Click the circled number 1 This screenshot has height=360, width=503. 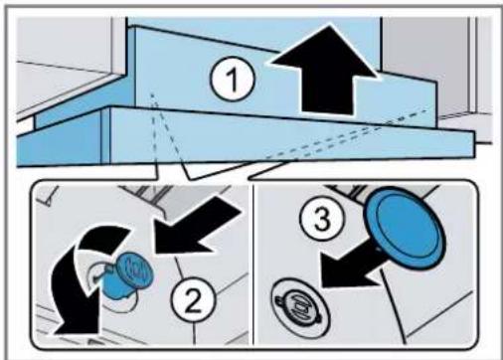[x=233, y=80]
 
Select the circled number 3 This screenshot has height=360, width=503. [x=322, y=219]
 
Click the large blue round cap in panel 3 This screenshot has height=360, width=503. [x=405, y=228]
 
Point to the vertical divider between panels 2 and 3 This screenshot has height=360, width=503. [x=252, y=265]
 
